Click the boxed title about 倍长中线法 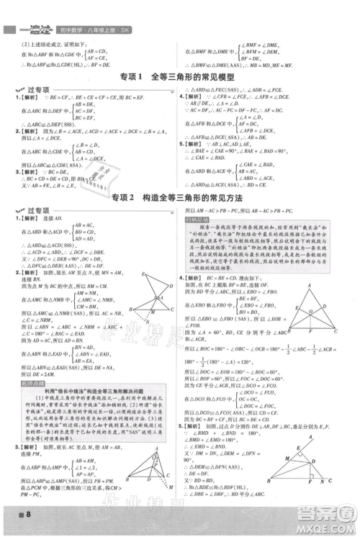89,377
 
